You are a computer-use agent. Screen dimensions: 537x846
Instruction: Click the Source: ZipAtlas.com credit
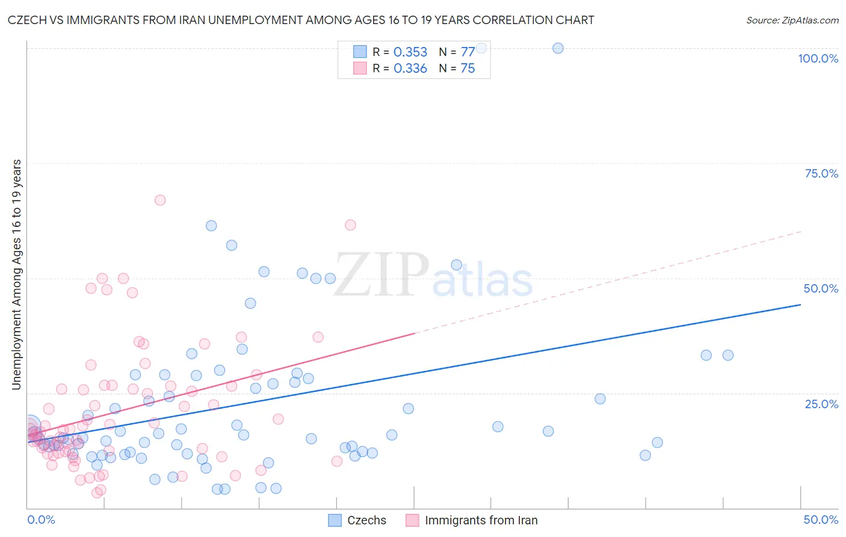pyautogui.click(x=792, y=20)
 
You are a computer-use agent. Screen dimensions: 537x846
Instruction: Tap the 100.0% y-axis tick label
pyautogui.click(x=818, y=58)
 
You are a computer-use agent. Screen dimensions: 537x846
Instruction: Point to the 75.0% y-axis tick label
pyautogui.click(x=821, y=173)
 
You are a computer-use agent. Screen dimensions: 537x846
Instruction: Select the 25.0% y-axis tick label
pyautogui.click(x=821, y=404)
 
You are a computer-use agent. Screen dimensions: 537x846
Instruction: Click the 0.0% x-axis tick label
pyautogui.click(x=41, y=520)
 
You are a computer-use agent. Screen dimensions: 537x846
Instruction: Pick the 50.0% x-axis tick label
pyautogui.click(x=821, y=520)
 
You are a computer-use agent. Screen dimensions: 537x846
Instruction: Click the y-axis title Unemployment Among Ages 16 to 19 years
pyautogui.click(x=17, y=275)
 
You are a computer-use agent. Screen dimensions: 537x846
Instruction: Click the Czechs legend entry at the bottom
pyautogui.click(x=357, y=520)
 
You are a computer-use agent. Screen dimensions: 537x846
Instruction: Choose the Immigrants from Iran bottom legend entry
pyautogui.click(x=472, y=520)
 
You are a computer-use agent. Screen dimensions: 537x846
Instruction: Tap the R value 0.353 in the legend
pyautogui.click(x=410, y=52)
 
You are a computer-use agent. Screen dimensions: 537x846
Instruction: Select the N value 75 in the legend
pyautogui.click(x=468, y=69)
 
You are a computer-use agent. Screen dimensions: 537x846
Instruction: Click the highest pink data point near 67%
pyautogui.click(x=160, y=200)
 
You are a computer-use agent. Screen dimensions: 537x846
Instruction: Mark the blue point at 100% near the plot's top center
pyautogui.click(x=558, y=48)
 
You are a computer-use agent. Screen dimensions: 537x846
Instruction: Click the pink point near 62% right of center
pyautogui.click(x=350, y=225)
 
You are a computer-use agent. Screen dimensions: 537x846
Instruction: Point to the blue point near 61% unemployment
pyautogui.click(x=211, y=226)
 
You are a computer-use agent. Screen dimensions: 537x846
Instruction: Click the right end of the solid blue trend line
pyautogui.click(x=800, y=305)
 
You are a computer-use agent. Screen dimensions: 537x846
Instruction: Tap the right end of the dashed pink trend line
pyautogui.click(x=800, y=231)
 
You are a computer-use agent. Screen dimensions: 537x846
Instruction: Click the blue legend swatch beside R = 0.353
pyautogui.click(x=360, y=52)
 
